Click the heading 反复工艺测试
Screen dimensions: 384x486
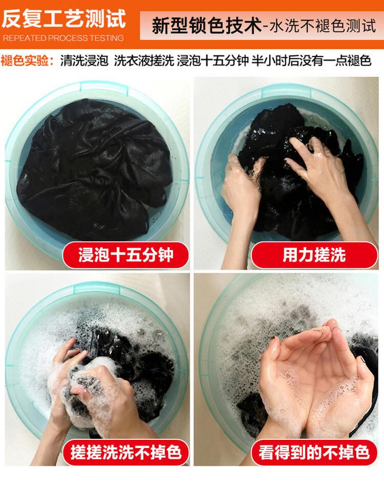[63, 18]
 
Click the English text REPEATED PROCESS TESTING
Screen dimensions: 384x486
[63, 38]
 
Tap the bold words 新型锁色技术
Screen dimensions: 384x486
[207, 26]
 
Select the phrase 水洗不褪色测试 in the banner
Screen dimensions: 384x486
[323, 26]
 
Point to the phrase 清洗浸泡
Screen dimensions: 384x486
[84, 60]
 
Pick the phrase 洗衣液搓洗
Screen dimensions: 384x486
[144, 60]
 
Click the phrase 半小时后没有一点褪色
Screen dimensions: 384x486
[311, 60]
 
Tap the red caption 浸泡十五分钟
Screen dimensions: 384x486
[125, 255]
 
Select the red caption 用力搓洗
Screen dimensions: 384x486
[314, 255]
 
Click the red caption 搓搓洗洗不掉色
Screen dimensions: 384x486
[125, 452]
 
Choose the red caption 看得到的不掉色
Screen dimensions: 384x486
[314, 452]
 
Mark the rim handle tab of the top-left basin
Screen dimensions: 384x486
[104, 87]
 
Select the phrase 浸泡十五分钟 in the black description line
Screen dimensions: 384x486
[213, 60]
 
